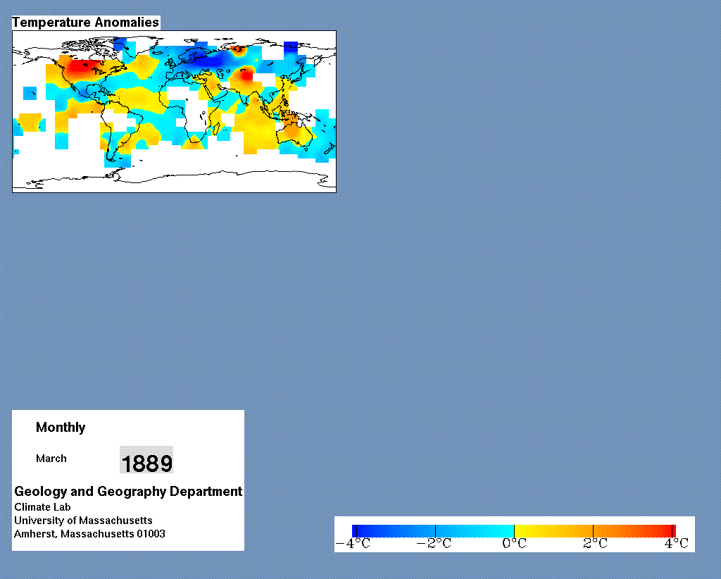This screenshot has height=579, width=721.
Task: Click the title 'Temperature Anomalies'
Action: tap(85, 23)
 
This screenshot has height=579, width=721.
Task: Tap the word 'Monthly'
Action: tap(61, 428)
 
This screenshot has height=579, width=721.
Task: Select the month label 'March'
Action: tap(51, 459)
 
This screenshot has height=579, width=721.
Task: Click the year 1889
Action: tap(146, 463)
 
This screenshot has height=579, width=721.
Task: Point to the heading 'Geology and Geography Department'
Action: tap(128, 491)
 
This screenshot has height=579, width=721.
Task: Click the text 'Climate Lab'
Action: tap(42, 507)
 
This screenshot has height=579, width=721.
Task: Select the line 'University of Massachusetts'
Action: tap(83, 521)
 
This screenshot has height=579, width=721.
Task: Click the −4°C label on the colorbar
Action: tap(353, 544)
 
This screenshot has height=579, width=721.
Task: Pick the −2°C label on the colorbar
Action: tap(434, 544)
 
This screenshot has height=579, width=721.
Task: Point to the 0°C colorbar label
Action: tap(514, 544)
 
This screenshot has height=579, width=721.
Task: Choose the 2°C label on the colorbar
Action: tap(595, 544)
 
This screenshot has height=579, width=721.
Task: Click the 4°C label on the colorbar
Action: tap(677, 544)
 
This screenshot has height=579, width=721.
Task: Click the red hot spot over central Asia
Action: tap(247, 75)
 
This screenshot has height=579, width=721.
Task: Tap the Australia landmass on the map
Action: tap(294, 132)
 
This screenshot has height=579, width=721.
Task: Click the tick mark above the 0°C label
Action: tap(514, 531)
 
